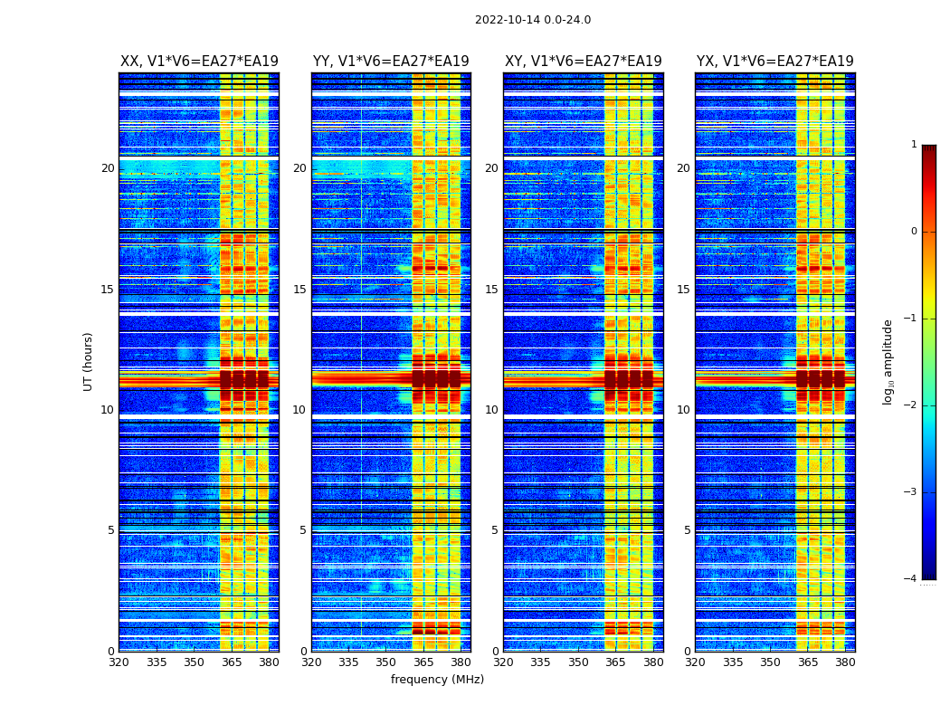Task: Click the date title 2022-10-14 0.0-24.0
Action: coord(533,20)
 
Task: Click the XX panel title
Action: coord(199,62)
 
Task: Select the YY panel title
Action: coord(391,62)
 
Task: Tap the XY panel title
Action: coord(584,62)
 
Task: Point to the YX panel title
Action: coord(774,62)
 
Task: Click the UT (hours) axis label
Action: coord(89,361)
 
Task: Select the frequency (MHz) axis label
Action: coord(437,680)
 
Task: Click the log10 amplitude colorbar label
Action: coord(888,361)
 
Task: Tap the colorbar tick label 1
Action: coord(914,145)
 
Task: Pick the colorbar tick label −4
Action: coord(911,579)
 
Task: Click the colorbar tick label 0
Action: coord(914,232)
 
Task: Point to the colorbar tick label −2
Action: coord(911,405)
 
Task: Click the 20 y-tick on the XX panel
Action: coord(108,168)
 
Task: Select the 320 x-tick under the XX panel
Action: coord(119,662)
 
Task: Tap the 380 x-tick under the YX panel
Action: coord(845,662)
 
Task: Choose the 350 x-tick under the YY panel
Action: coord(386,662)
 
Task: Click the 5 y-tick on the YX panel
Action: coord(687,530)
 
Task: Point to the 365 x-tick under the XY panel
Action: coord(615,662)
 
